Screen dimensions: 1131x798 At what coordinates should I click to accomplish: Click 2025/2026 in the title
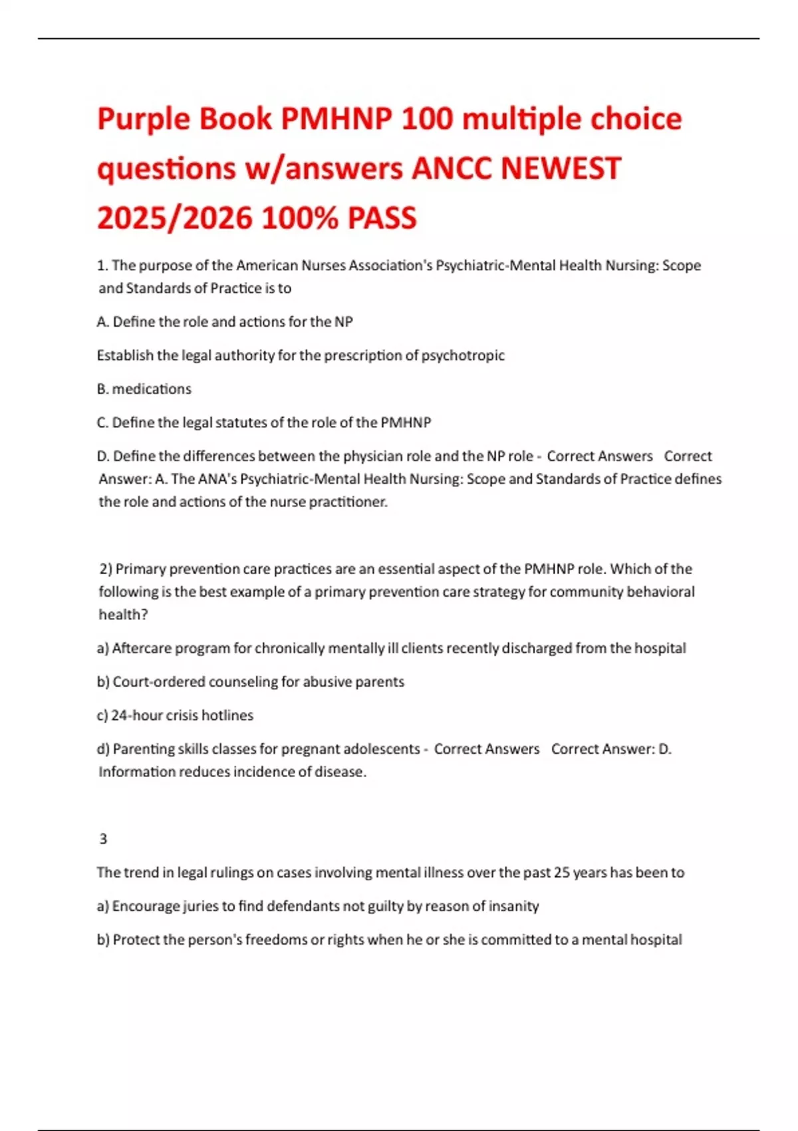coord(175,218)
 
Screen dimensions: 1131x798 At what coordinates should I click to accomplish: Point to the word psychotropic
coord(463,355)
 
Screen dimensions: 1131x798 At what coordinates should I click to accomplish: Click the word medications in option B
coord(152,389)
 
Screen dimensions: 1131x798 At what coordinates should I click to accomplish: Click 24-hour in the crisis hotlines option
coord(135,715)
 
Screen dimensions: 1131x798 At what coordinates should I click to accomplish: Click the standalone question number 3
coord(103,839)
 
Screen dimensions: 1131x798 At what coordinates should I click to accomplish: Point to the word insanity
coord(513,906)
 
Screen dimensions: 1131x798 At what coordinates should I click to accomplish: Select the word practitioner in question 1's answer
coord(347,502)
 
